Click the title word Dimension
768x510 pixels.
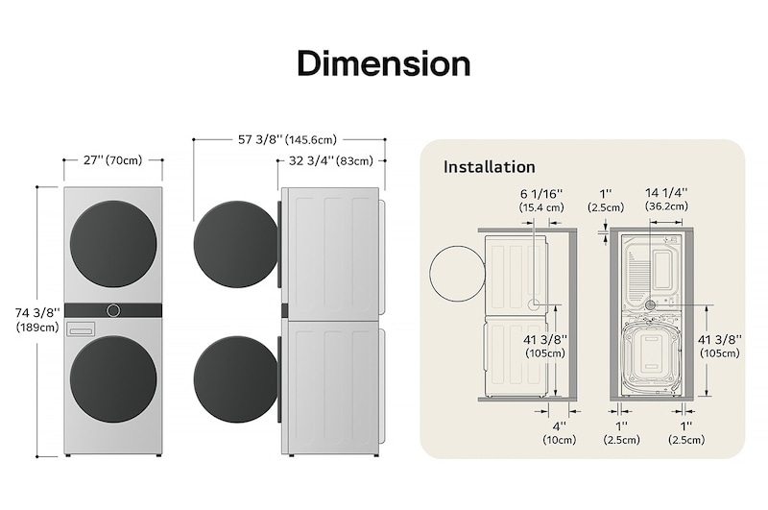pyautogui.click(x=383, y=63)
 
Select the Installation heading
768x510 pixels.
pyautogui.click(x=489, y=167)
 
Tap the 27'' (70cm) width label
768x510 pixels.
pyautogui.click(x=112, y=160)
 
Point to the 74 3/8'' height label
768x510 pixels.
pyautogui.click(x=37, y=312)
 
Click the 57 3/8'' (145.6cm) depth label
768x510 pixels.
pyautogui.click(x=287, y=139)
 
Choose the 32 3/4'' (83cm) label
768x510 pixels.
pyautogui.click(x=331, y=160)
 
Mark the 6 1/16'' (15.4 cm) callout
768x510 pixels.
pyautogui.click(x=541, y=200)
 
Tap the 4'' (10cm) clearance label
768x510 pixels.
pyautogui.click(x=560, y=432)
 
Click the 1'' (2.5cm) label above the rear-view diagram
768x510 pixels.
pyautogui.click(x=607, y=200)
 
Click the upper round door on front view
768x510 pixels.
pyautogui.click(x=113, y=244)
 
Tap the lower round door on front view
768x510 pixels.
pyautogui.click(x=113, y=378)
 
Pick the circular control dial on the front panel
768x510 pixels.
pyautogui.click(x=113, y=310)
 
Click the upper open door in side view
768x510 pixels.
pyautogui.click(x=235, y=244)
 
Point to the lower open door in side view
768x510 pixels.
pyautogui.click(x=235, y=378)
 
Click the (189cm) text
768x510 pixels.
pyautogui.click(x=37, y=328)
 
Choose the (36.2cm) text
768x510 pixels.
pyautogui.click(x=666, y=206)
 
